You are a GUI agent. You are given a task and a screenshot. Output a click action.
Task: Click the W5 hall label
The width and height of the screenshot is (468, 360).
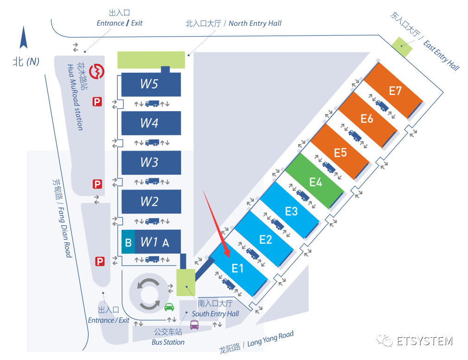pos(149,84)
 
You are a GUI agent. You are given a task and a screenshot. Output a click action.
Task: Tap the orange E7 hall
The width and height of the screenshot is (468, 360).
pos(395,91)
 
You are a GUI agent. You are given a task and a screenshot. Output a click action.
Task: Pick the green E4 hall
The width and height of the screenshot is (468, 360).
pos(316,182)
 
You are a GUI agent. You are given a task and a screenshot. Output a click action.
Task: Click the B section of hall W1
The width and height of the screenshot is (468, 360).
pos(128,242)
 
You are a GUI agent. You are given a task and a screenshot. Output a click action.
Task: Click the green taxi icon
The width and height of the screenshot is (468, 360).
pos(170,306)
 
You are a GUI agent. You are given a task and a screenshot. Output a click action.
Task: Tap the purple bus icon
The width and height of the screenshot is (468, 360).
pos(194,324)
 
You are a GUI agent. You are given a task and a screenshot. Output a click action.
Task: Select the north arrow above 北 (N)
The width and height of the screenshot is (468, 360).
pos(24,38)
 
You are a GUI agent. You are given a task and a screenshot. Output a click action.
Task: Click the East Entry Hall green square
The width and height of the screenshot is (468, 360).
pos(401,45)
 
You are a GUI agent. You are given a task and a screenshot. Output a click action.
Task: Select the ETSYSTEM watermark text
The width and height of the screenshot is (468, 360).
pos(424,341)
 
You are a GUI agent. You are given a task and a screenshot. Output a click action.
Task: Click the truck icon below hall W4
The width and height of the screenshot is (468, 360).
pos(152,142)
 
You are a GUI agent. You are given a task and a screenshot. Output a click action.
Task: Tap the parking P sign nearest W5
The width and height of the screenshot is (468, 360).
pos(97,101)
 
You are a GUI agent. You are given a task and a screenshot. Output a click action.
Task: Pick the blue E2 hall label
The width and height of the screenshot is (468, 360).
pos(266,240)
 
